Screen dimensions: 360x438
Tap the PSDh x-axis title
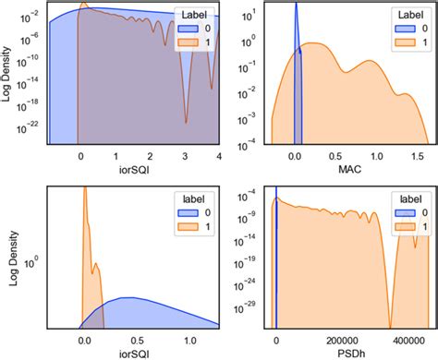point(350,353)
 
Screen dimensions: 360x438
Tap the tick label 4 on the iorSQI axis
point(218,158)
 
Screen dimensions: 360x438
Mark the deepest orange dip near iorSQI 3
point(186,120)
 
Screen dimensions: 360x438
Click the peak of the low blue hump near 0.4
point(132,298)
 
